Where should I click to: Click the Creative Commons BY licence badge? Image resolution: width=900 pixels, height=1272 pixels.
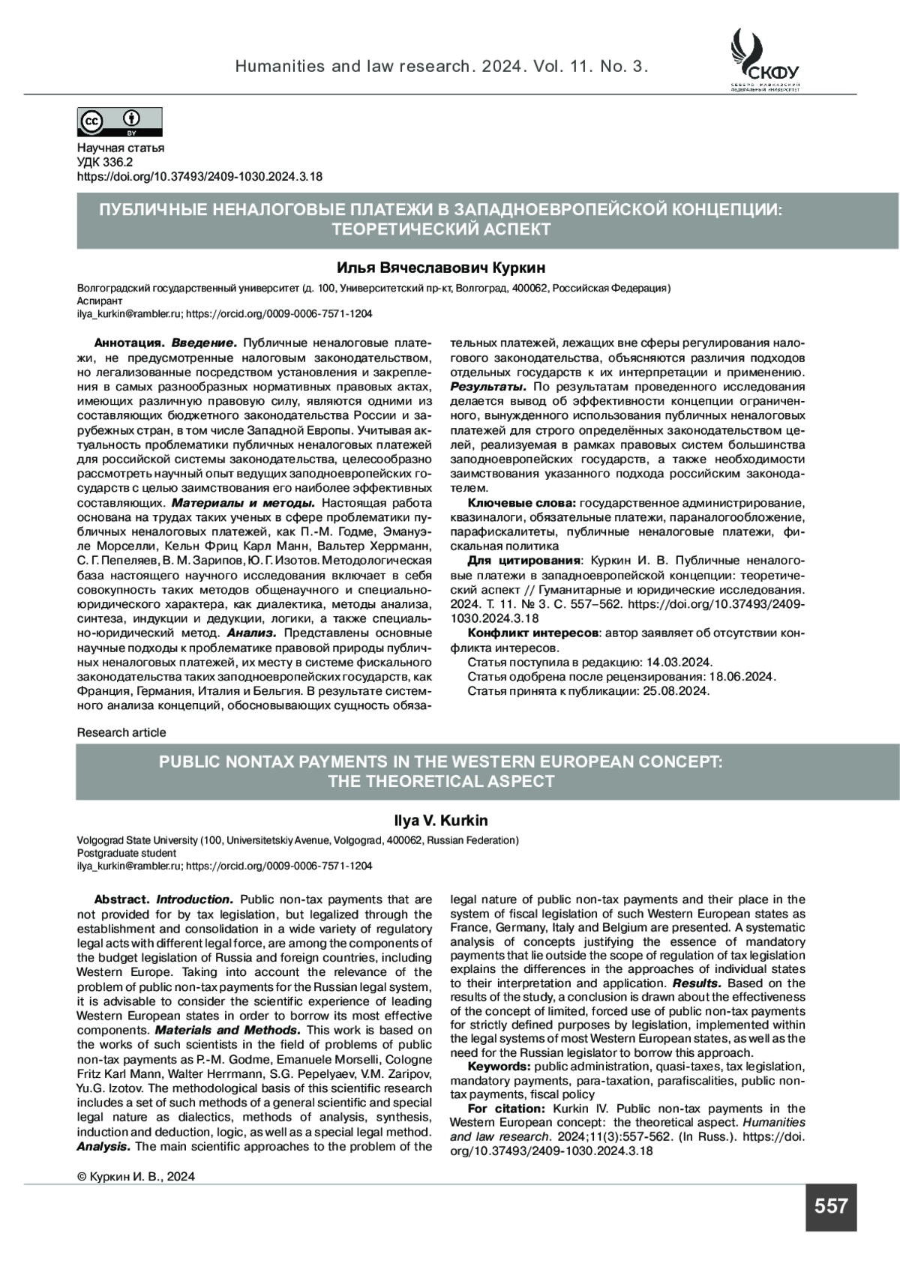(120, 121)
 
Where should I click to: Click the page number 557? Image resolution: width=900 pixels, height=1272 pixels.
(830, 1206)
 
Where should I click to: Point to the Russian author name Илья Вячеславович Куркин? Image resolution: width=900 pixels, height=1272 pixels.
(441, 268)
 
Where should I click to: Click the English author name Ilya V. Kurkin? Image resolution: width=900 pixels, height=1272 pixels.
(441, 821)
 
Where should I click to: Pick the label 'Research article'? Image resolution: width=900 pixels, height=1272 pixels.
(121, 732)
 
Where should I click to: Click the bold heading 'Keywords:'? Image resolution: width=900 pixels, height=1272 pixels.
(499, 1067)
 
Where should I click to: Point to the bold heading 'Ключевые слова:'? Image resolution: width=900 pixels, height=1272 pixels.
(521, 503)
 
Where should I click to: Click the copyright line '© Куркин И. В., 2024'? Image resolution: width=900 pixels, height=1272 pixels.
(136, 1176)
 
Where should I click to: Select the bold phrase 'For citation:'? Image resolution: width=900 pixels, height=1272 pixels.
(505, 1109)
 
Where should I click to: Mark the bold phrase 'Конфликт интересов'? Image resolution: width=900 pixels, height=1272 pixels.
(533, 633)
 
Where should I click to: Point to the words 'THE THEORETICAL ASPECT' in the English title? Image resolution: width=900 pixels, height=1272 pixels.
(441, 782)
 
